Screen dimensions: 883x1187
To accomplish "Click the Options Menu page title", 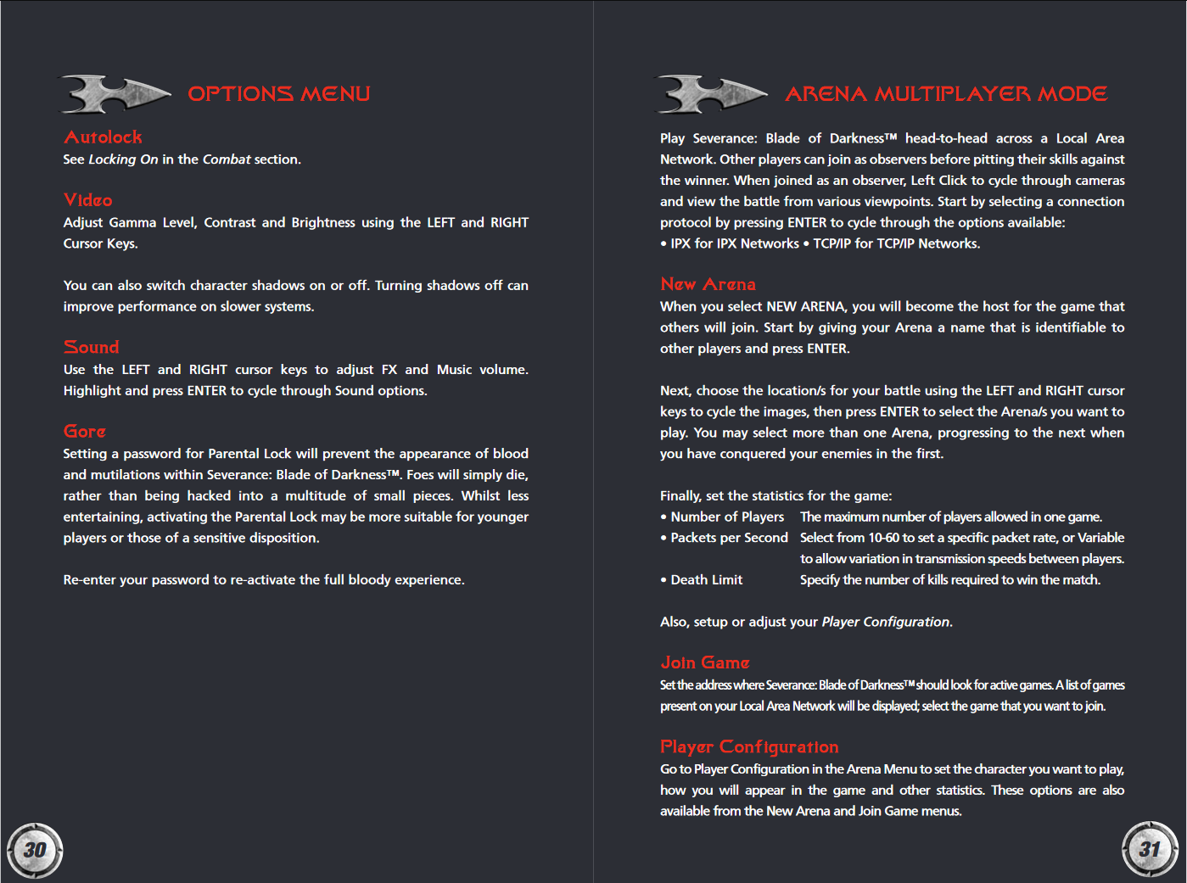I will (x=278, y=93).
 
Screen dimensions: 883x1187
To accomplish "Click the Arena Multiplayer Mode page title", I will (x=945, y=93).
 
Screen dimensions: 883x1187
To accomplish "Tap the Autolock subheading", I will (x=103, y=137).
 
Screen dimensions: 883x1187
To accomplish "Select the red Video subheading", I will (x=87, y=200).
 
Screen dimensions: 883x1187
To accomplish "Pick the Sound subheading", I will (x=91, y=347).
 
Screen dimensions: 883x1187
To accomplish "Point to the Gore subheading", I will (x=84, y=431).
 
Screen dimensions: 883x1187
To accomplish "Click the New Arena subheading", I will (x=708, y=284).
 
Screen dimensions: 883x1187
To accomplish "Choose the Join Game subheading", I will (x=704, y=662).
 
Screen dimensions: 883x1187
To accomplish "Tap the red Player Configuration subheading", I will (x=749, y=746).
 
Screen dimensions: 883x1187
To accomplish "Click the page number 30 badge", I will (x=35, y=849).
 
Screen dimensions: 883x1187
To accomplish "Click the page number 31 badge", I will (x=1150, y=848).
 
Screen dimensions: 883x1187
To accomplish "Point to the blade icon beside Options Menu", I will (x=114, y=93).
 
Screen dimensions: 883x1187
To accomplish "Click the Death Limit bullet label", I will (x=706, y=580).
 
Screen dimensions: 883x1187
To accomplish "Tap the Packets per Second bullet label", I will (x=729, y=538).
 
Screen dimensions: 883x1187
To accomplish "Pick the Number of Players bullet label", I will (x=727, y=517).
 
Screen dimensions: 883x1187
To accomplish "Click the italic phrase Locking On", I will (x=123, y=159).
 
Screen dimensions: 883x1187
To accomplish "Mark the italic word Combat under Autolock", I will (x=227, y=159).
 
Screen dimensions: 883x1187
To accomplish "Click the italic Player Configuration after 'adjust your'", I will (x=886, y=622).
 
